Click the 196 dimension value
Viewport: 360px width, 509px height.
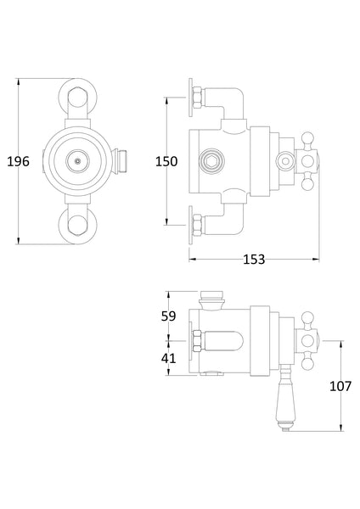(x=20, y=161)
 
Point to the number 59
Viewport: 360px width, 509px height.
(x=168, y=316)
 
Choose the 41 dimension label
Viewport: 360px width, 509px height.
(x=168, y=358)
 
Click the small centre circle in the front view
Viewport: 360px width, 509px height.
(x=78, y=159)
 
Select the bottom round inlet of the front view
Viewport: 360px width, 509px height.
(x=78, y=225)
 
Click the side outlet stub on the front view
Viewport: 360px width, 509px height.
(x=124, y=159)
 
